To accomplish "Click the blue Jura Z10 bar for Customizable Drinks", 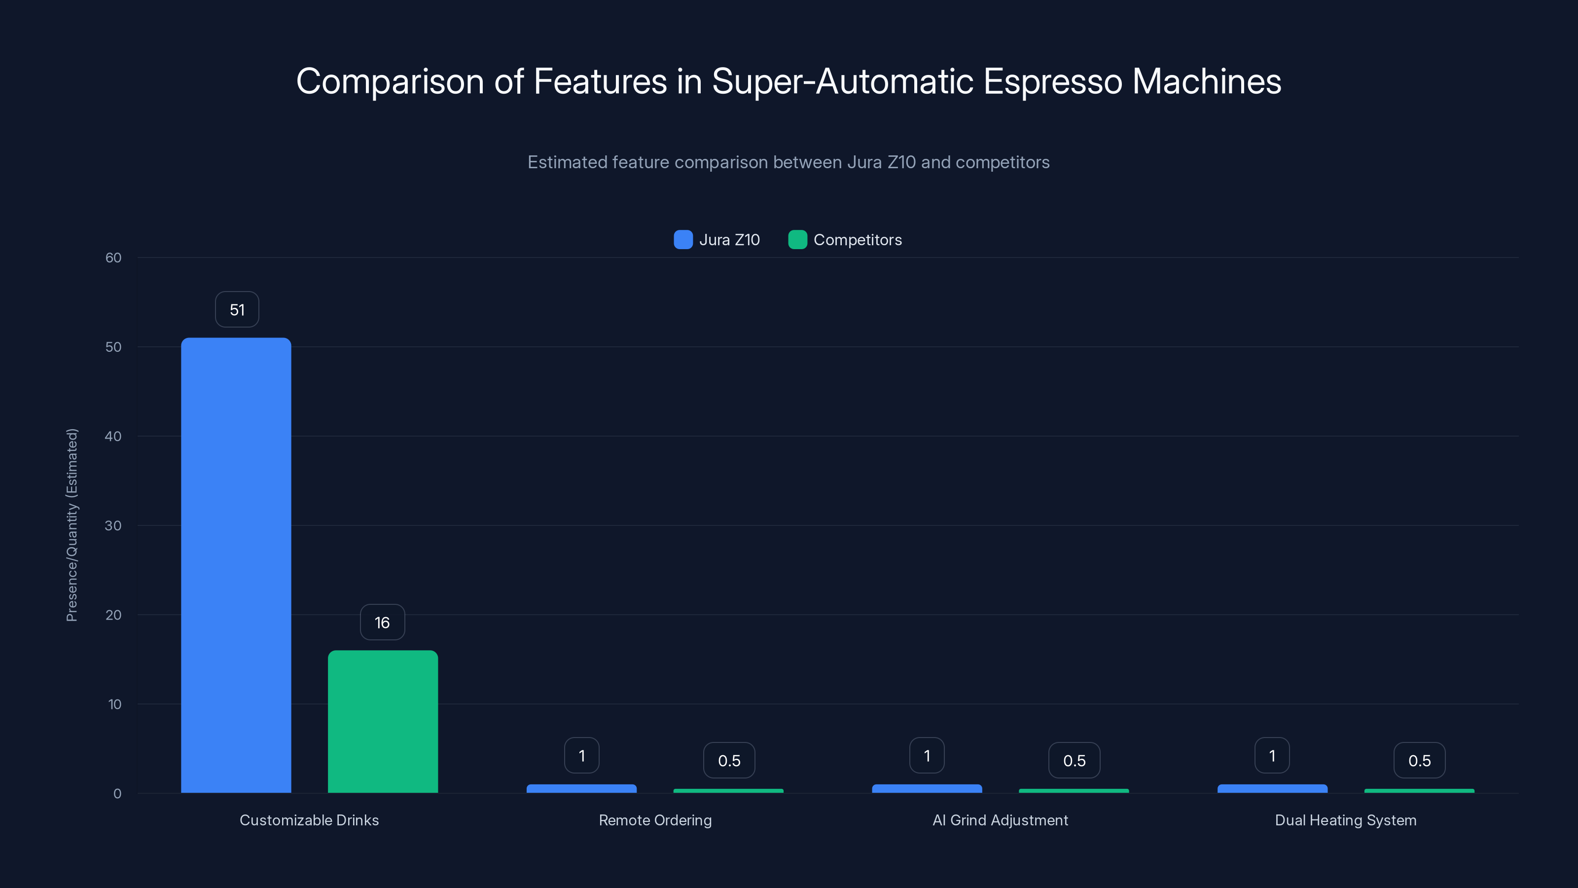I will tap(236, 564).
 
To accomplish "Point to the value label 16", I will tap(382, 623).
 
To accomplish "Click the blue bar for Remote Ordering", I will tap(581, 789).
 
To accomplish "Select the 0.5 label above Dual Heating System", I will tap(1419, 761).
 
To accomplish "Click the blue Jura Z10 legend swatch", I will tap(683, 240).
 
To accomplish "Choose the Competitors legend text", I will tap(857, 240).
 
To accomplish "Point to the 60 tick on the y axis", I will tap(113, 258).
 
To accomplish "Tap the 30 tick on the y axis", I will tap(113, 525).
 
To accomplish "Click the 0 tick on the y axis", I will tap(117, 794).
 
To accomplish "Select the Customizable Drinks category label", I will tap(309, 820).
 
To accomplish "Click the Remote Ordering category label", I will tap(655, 820).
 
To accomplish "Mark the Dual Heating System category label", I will tap(1345, 820).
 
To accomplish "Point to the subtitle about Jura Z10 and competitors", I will tap(789, 162).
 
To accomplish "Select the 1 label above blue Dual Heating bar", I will tap(1272, 756).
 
